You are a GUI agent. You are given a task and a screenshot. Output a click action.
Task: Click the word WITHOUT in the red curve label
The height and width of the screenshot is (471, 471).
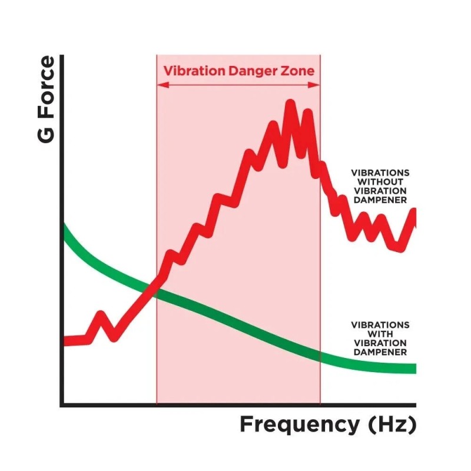380,182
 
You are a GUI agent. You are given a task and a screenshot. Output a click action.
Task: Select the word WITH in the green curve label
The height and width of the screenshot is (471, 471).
380,334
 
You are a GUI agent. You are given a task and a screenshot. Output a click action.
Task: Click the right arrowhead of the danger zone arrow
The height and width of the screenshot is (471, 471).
316,85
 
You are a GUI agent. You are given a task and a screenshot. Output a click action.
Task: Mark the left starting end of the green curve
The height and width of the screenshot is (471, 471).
65,230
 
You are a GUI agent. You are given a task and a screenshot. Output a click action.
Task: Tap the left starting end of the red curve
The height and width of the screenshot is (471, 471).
65,341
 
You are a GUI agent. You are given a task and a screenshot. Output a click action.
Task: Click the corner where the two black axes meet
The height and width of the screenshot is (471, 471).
62,404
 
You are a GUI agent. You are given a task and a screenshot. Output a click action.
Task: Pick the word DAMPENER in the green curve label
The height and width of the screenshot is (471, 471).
380,352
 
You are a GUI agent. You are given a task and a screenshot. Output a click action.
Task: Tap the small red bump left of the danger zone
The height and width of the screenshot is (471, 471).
101,318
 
